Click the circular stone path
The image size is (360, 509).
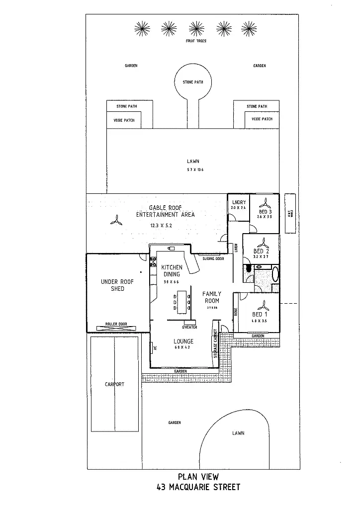193,82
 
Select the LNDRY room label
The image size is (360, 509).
239,202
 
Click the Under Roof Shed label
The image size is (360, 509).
117,285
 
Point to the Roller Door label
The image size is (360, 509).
116,324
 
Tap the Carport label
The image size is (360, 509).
114,384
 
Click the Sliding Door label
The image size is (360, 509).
213,259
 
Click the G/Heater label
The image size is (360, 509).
189,327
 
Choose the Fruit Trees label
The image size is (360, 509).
196,41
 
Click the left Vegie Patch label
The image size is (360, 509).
124,120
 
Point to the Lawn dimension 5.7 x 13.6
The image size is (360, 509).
195,170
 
